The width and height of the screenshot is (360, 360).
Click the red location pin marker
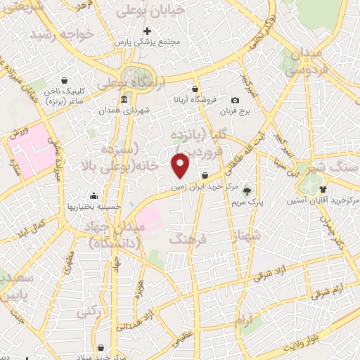coord(181,165)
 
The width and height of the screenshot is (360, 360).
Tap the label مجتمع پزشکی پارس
coord(148,42)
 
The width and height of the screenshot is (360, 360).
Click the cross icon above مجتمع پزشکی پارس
coord(147,31)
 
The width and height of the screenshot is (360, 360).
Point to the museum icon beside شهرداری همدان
coord(124,98)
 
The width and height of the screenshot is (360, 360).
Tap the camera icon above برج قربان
coord(235,101)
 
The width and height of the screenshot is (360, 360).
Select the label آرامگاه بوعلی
coord(139,84)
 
